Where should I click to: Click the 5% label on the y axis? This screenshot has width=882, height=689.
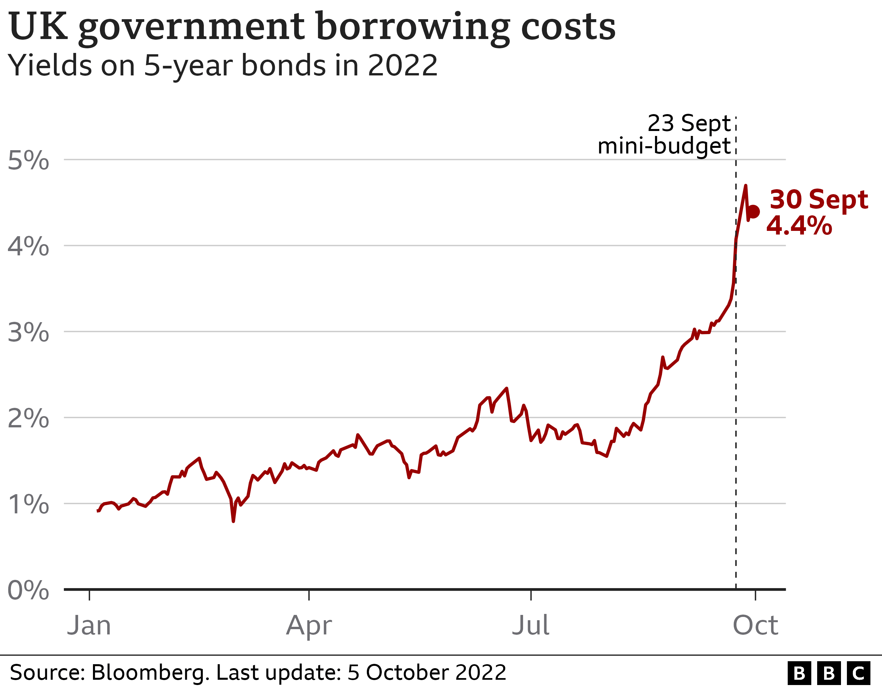point(28,160)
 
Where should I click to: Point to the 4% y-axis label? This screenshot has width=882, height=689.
point(28,246)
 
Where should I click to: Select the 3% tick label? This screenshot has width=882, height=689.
point(28,332)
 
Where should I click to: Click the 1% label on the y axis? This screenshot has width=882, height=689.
point(28,504)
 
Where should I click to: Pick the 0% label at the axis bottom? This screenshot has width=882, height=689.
point(28,590)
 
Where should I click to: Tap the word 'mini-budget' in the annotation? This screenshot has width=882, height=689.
point(664,146)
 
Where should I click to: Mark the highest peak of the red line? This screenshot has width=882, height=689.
point(745,186)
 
